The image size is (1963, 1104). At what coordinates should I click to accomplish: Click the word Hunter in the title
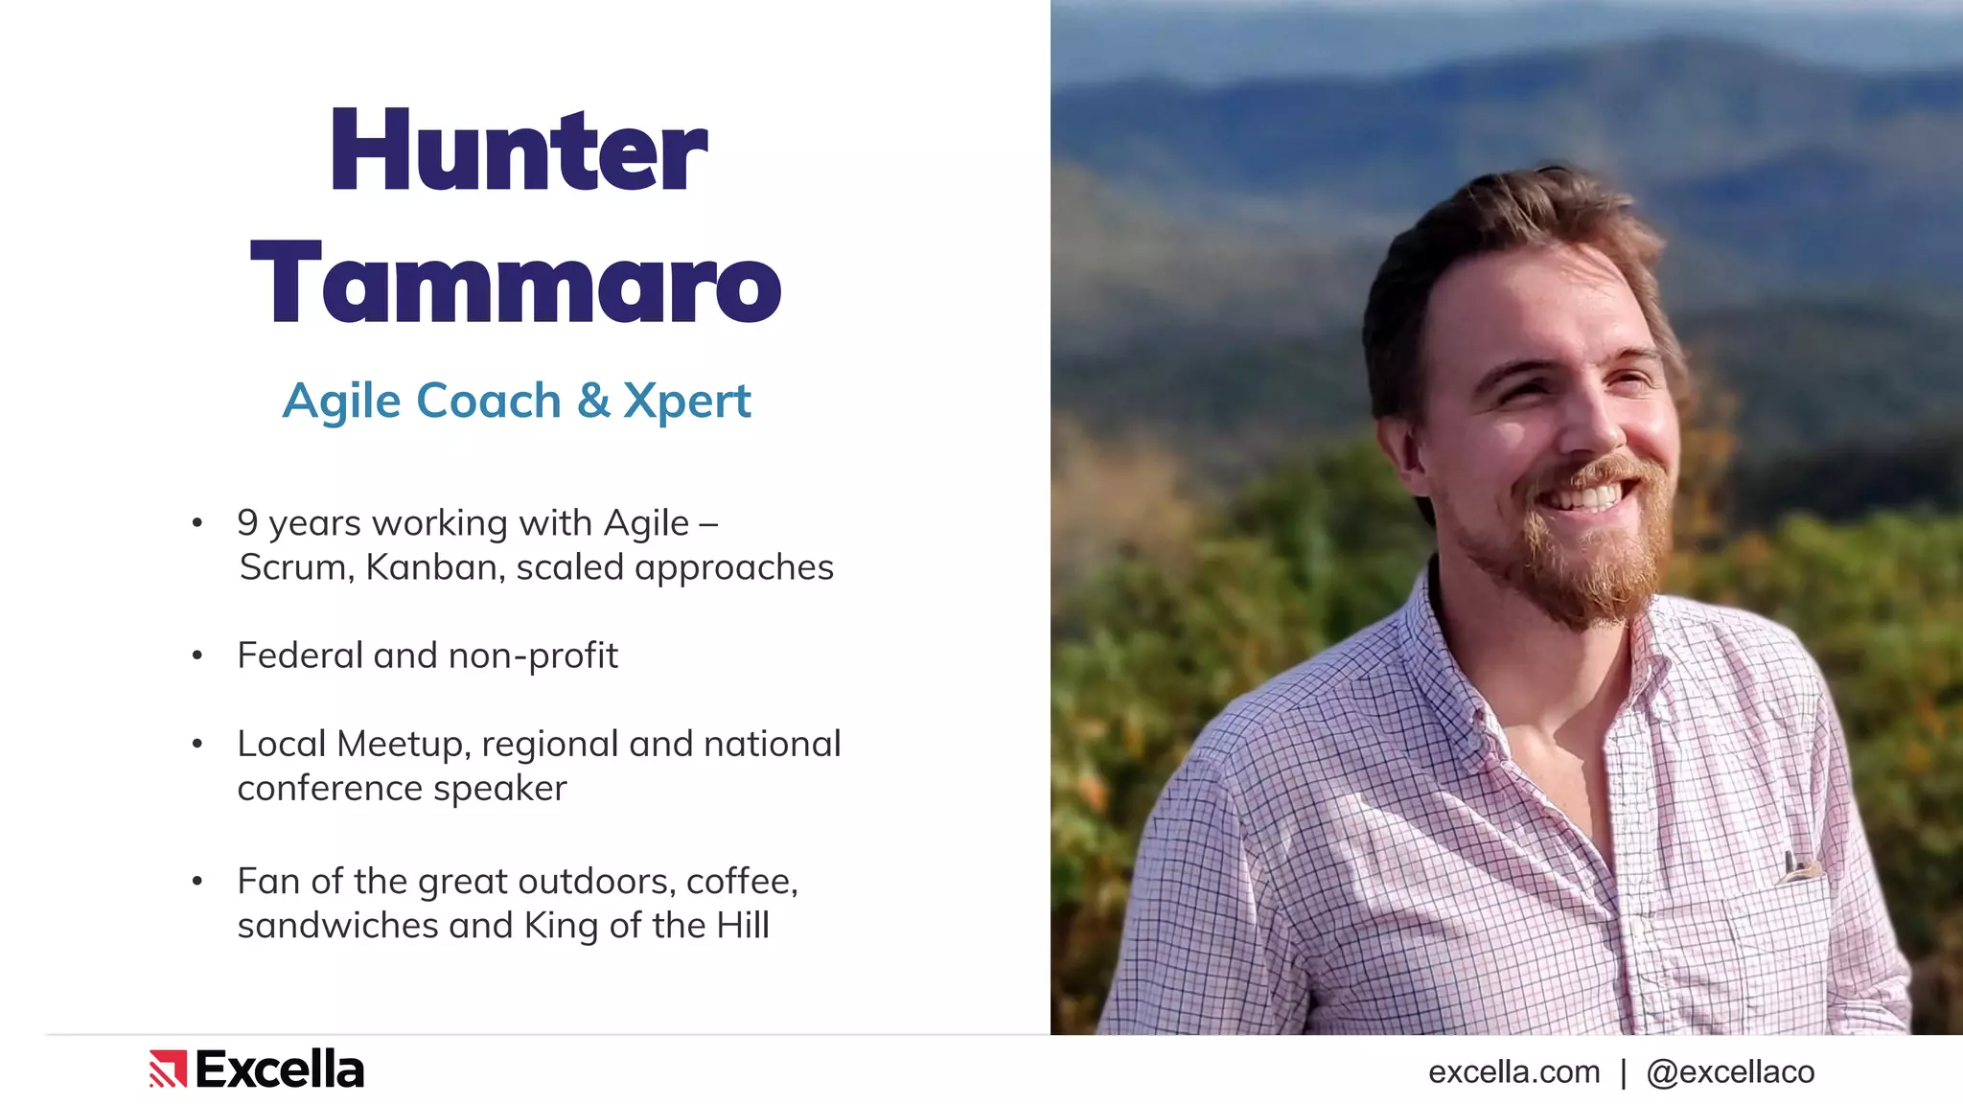[x=519, y=150]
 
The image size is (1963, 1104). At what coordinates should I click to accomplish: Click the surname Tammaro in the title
[x=516, y=283]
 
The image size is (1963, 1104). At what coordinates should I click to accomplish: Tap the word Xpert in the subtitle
[x=686, y=402]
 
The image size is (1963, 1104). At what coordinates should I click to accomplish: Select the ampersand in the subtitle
[x=593, y=401]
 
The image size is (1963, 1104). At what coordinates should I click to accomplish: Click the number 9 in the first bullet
[x=247, y=523]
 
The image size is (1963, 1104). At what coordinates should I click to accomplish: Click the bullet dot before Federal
[x=197, y=656]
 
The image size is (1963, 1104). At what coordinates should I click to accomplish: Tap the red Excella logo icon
[x=168, y=1069]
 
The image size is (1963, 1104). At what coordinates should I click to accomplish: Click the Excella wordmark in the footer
[x=280, y=1069]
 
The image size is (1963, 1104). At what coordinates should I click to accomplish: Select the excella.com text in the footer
[x=1513, y=1072]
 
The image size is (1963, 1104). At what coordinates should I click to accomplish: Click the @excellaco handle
[x=1730, y=1072]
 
